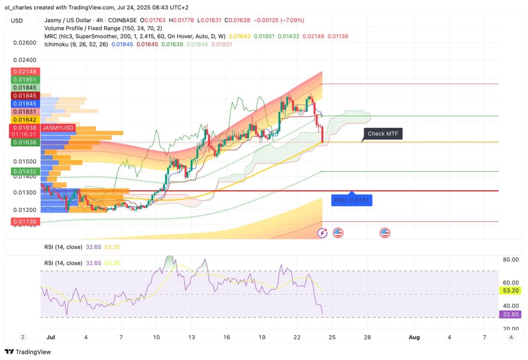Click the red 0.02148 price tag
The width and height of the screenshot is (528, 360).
tap(25, 72)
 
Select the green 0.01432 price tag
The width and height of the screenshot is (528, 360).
tap(25, 171)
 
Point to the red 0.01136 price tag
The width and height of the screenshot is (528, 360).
tap(25, 222)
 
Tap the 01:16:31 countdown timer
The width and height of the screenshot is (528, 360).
tap(25, 134)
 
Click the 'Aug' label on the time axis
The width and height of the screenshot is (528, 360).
tap(414, 337)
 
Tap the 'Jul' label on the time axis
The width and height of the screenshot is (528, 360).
tap(50, 337)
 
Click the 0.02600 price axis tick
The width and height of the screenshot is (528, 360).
tap(25, 43)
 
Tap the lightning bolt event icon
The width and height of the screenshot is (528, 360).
tap(323, 233)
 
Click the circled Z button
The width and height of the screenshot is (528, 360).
tap(23, 337)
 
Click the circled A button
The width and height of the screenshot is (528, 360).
tap(510, 337)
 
